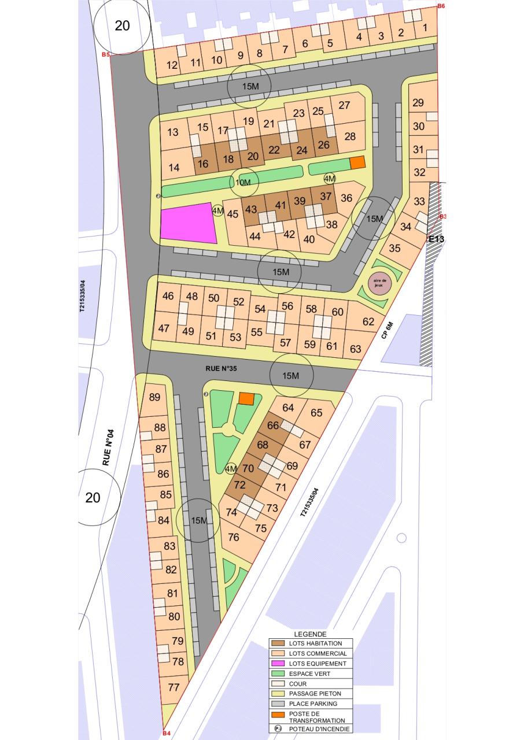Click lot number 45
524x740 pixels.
coord(233,214)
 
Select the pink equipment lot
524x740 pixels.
coord(188,223)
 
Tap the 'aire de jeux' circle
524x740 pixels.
coord(379,284)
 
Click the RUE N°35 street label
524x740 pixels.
coord(222,367)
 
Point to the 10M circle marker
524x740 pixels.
coord(244,183)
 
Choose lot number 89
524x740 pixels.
coord(154,397)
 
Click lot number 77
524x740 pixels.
coord(174,687)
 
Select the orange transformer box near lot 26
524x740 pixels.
coord(358,162)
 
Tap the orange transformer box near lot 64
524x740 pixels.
coord(246,398)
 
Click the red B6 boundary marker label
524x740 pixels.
coord(441,6)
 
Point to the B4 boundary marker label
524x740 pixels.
coord(167,734)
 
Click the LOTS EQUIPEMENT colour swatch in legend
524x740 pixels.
coord(279,664)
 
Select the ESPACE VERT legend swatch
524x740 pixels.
coord(279,674)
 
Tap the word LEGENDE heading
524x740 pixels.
coord(310,634)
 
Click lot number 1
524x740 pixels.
coord(426,27)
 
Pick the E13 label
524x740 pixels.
coord(436,238)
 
